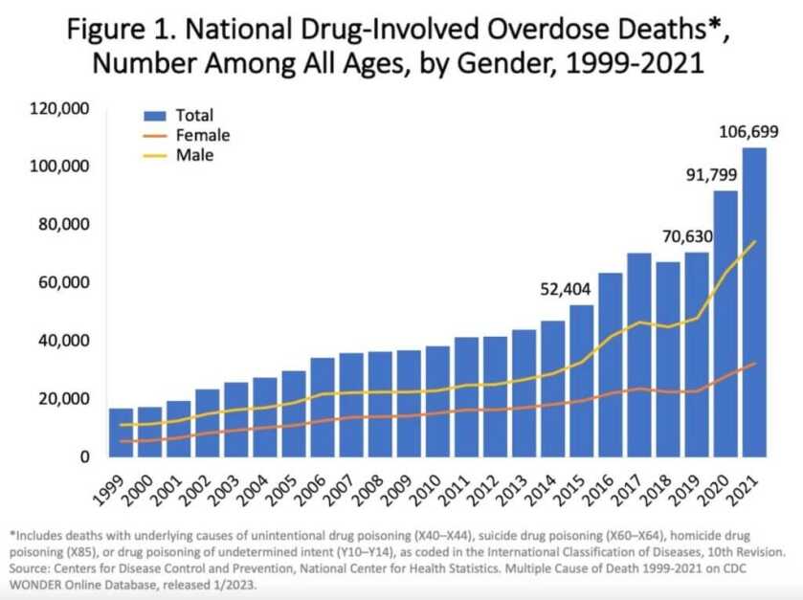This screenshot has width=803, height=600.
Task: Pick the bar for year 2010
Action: [x=437, y=401]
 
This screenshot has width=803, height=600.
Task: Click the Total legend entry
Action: [x=194, y=116]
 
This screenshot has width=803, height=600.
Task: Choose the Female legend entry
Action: [x=202, y=135]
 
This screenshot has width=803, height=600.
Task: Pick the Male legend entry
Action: [x=194, y=154]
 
